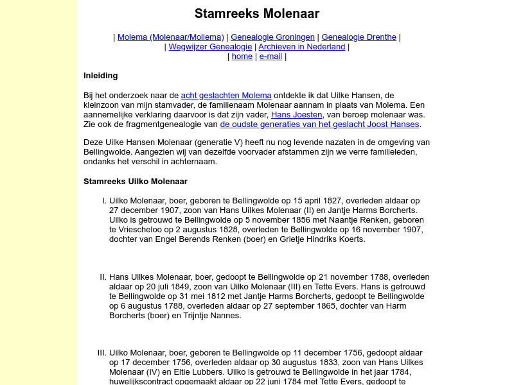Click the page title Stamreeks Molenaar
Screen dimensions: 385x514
click(x=256, y=13)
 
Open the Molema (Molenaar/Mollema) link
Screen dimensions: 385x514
click(x=171, y=37)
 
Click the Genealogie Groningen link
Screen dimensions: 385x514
click(x=272, y=37)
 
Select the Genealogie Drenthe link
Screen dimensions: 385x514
click(x=359, y=37)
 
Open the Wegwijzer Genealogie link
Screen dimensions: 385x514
click(x=210, y=47)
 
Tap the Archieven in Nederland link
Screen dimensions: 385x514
click(x=301, y=47)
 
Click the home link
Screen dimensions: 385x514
click(x=242, y=56)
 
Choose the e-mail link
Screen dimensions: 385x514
click(x=270, y=56)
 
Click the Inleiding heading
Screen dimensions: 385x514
click(x=101, y=76)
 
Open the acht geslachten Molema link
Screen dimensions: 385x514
click(x=226, y=95)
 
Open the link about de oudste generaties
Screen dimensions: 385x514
click(x=319, y=124)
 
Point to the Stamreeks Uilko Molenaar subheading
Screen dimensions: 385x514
click(x=136, y=182)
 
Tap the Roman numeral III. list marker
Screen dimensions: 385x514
click(x=102, y=353)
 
